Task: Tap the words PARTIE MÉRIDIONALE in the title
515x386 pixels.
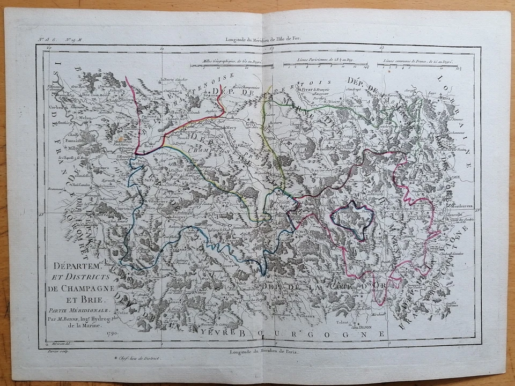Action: click(79, 310)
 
